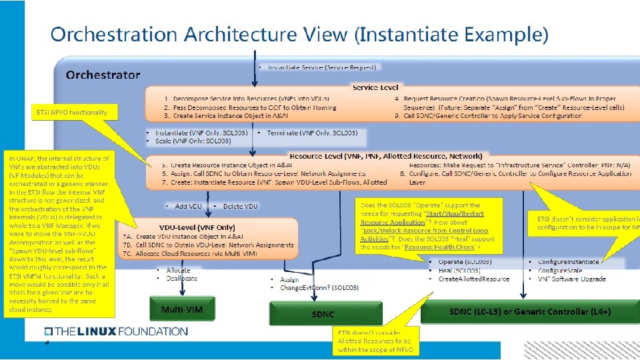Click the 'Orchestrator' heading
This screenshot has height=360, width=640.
click(103, 75)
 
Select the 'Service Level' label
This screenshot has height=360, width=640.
click(375, 87)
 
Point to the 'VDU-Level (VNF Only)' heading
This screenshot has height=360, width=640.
click(197, 227)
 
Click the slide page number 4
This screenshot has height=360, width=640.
click(47, 343)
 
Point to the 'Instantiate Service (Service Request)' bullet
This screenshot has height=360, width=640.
click(320, 67)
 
